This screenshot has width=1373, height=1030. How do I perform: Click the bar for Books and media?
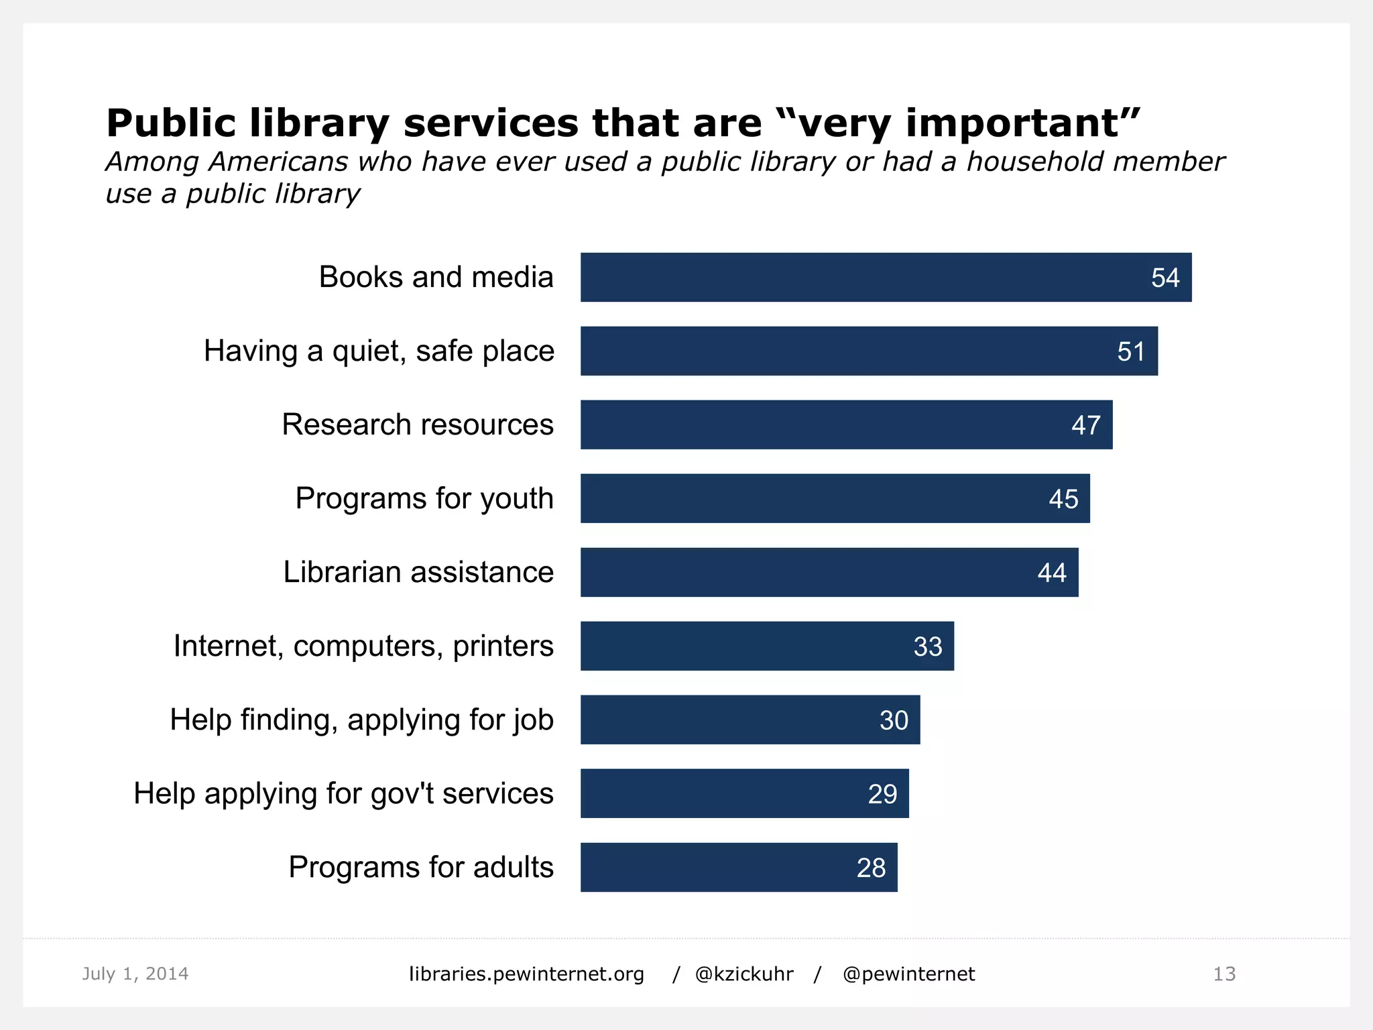pos(885,277)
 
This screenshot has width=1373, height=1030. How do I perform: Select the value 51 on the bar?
pos(1130,351)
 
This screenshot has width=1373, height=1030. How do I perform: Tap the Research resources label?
pos(417,424)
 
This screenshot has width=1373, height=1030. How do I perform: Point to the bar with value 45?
pos(835,498)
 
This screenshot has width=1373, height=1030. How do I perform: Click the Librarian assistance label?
pos(418,572)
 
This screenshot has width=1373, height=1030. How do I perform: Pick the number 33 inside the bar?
pos(927,646)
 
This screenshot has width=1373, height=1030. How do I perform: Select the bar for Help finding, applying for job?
pos(750,720)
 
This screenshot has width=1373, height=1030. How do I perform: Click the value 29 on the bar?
pos(882,794)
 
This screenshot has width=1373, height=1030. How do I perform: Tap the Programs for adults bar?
pos(738,867)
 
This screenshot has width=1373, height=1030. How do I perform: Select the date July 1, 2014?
pos(135,974)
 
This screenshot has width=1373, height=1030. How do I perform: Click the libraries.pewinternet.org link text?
pos(526,974)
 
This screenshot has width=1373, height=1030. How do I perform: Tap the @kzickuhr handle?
pos(743,974)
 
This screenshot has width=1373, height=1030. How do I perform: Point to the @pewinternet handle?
pos(908,974)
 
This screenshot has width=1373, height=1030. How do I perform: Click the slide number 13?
pos(1223,974)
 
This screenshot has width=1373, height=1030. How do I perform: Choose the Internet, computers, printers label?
pos(363,646)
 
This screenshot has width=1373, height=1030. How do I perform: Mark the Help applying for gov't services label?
pos(343,793)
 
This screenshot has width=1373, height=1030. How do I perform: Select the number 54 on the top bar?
pos(1165,278)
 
